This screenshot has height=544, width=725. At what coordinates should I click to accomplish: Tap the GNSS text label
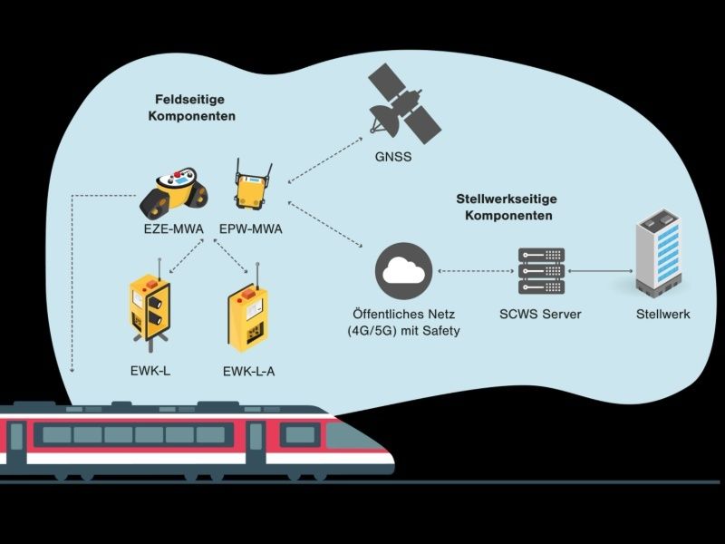coord(393,157)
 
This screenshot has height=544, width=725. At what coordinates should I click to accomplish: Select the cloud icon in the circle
coord(403,270)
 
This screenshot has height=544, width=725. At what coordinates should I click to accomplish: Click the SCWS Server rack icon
coord(540,271)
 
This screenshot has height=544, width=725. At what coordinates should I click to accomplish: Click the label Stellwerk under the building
coord(662,314)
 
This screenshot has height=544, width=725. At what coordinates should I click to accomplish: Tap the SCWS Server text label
coord(540,314)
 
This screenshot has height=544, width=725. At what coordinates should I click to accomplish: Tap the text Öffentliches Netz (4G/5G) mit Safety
coord(403,323)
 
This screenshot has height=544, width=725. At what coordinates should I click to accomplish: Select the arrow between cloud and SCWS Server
coord(476,271)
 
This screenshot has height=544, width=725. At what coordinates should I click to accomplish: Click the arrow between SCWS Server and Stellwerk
coord(599,271)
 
